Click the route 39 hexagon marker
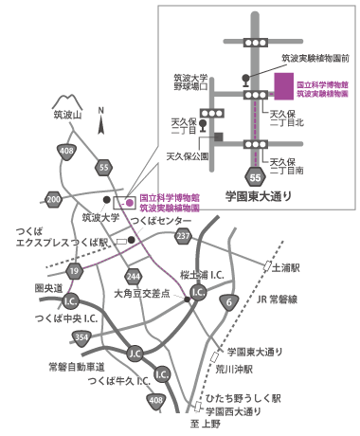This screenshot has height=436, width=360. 73,273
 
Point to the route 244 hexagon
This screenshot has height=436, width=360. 134,276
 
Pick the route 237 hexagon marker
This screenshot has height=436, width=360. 184,235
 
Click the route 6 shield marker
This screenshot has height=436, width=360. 229,302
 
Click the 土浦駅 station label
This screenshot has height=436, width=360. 285,268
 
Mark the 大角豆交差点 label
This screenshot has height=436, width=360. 140,295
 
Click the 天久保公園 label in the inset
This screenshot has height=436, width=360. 188,154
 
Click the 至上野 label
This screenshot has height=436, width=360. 202,425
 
